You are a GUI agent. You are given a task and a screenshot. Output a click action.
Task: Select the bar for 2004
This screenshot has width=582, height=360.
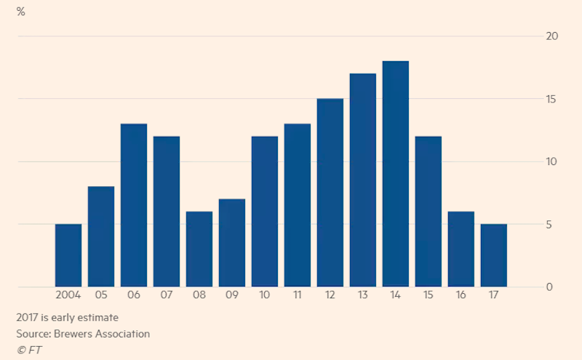(68, 255)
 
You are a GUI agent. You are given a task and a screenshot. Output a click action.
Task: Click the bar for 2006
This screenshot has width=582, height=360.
(134, 205)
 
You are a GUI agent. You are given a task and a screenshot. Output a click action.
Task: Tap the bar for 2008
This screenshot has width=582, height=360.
(199, 249)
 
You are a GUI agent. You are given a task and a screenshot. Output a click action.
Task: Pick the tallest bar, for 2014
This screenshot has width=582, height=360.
(396, 174)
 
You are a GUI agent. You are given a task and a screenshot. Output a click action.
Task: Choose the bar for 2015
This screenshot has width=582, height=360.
(428, 212)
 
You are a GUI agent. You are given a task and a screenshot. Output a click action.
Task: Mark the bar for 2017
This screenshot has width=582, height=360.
(494, 255)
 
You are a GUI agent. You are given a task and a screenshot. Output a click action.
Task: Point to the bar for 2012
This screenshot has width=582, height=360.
(330, 193)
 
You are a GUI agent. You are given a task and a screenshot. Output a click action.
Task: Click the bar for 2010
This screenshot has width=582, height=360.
(265, 212)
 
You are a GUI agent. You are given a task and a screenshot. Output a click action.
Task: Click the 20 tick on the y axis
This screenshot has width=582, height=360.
(551, 36)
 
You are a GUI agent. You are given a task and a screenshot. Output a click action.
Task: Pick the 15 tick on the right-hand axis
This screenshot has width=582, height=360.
(551, 99)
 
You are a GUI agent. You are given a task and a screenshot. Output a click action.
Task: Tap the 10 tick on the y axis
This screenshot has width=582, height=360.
(551, 161)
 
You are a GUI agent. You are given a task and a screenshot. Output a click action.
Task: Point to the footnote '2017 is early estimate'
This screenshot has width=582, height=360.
(67, 317)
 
